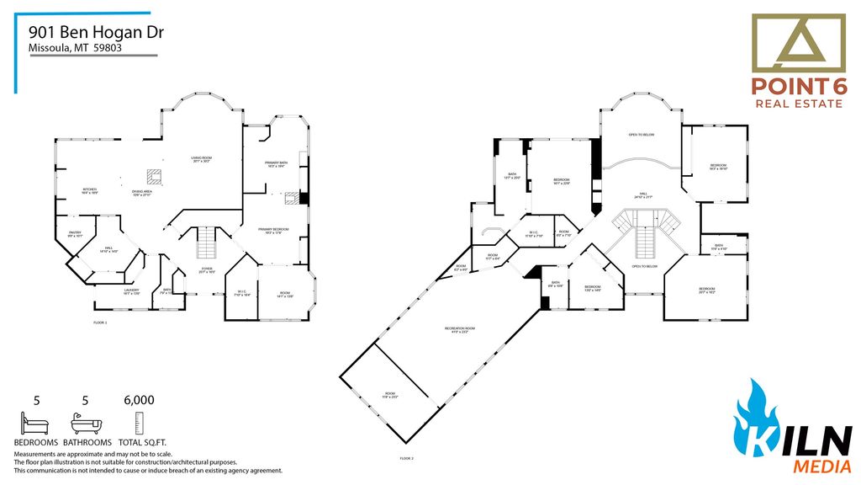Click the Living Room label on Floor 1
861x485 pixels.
[200, 159]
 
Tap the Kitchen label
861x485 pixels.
[90, 191]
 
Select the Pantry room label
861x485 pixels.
[74, 235]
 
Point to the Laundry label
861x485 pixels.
[108, 291]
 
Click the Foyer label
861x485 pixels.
[207, 270]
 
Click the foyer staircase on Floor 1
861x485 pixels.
[207, 244]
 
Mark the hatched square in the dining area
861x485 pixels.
[155, 176]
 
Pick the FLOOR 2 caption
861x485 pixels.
[407, 459]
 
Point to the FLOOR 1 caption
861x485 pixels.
[100, 322]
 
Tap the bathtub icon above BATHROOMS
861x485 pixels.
[86, 422]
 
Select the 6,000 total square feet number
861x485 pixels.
[139, 401]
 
